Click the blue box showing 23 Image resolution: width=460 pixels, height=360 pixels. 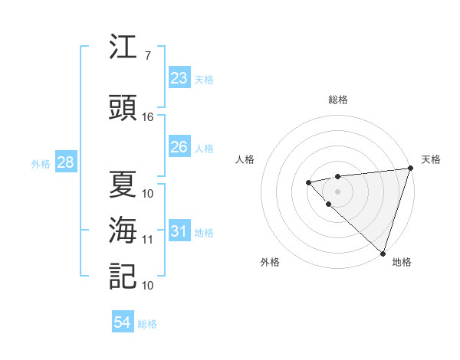[x=179, y=78]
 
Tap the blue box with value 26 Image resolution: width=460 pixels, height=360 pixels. [x=179, y=147]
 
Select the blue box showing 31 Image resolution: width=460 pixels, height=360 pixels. [x=179, y=231]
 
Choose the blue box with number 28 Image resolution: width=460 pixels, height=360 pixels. [x=65, y=162]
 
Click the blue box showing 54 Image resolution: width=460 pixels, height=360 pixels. [x=123, y=323]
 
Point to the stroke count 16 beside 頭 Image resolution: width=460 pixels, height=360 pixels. [x=148, y=117]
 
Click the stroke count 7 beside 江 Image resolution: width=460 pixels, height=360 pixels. [x=148, y=55]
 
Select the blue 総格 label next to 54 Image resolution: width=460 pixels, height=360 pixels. [x=148, y=324]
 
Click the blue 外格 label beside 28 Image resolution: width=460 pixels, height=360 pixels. [x=40, y=163]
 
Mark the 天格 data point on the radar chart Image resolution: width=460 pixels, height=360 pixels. [x=410, y=169]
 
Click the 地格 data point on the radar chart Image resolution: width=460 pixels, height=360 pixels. [x=383, y=253]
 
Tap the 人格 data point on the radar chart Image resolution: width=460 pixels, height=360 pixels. [x=308, y=182]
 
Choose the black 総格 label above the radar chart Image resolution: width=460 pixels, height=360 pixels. [x=338, y=100]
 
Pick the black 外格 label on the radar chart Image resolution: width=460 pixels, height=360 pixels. [x=270, y=262]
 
